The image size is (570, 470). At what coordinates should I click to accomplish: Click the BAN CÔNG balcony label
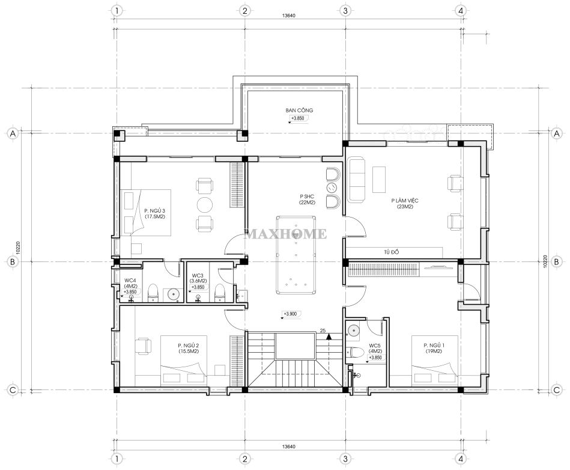click(x=299, y=110)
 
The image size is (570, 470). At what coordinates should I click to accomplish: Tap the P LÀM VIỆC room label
click(x=405, y=201)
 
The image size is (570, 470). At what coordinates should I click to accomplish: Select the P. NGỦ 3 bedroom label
click(x=155, y=210)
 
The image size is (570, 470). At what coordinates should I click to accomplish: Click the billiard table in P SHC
click(x=296, y=255)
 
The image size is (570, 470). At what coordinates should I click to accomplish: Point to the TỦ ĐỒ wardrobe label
click(x=392, y=252)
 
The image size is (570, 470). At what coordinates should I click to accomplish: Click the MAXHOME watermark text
click(x=286, y=234)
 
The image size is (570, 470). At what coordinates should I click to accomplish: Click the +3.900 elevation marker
click(x=291, y=314)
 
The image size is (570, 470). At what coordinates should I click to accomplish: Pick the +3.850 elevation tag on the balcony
click(x=298, y=118)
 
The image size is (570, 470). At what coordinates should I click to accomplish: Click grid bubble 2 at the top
click(x=244, y=11)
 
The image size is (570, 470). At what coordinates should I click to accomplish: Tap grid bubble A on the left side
click(x=13, y=133)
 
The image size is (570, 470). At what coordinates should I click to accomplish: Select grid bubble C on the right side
click(x=557, y=390)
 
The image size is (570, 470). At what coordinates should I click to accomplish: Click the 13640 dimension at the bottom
click(x=289, y=447)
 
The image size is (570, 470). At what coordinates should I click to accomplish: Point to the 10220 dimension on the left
click(x=18, y=248)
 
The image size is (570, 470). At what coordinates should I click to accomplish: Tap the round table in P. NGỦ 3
click(x=205, y=204)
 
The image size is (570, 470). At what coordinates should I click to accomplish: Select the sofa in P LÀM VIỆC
click(x=357, y=179)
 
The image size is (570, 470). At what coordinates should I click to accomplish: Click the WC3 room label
click(x=198, y=275)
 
